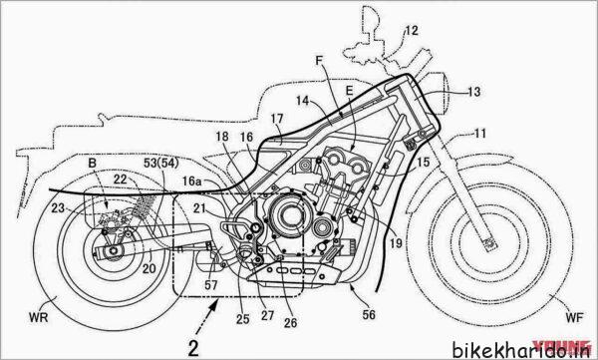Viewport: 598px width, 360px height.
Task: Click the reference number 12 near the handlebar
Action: (x=412, y=32)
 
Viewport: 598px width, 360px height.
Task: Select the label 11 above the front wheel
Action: (x=481, y=133)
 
